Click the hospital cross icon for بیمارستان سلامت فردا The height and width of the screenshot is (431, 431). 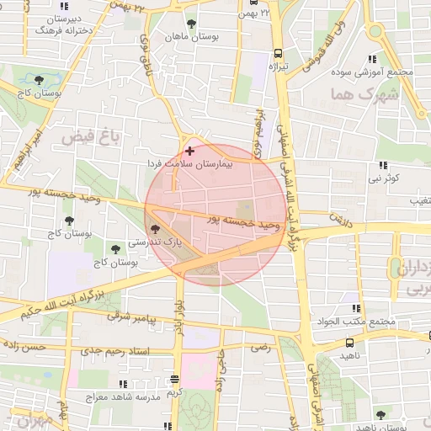tap(189, 152)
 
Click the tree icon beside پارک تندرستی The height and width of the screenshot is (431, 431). tap(153, 227)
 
